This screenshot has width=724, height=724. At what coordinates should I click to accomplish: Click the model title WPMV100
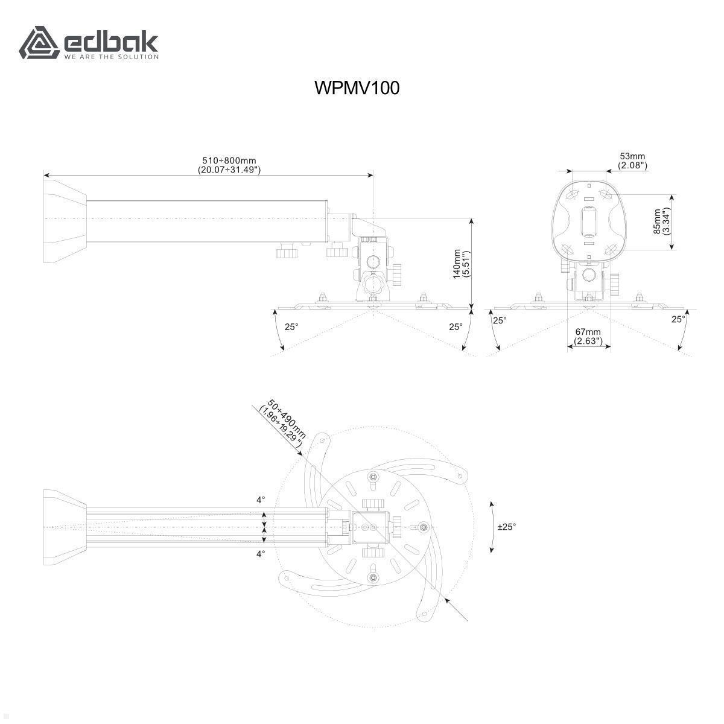pos(357,88)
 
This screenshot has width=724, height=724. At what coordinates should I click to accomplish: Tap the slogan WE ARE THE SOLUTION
pos(111,57)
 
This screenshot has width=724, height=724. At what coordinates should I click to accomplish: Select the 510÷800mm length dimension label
pos(229,165)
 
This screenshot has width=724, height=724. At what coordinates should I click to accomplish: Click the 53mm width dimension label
pos(632,161)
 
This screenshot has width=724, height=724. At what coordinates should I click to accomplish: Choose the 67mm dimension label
pos(588,336)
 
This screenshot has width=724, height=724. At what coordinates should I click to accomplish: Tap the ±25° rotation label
pos(506,526)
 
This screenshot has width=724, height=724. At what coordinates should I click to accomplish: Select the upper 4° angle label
pos(261,500)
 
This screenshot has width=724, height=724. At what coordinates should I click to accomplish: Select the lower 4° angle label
pos(261,553)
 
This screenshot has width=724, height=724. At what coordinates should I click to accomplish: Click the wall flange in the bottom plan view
pos(65,527)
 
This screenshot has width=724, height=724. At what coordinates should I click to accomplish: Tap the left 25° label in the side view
pos(291,326)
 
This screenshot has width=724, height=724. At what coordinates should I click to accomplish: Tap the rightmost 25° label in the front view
pos(678,319)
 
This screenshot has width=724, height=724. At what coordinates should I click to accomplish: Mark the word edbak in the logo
pos(111,42)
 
